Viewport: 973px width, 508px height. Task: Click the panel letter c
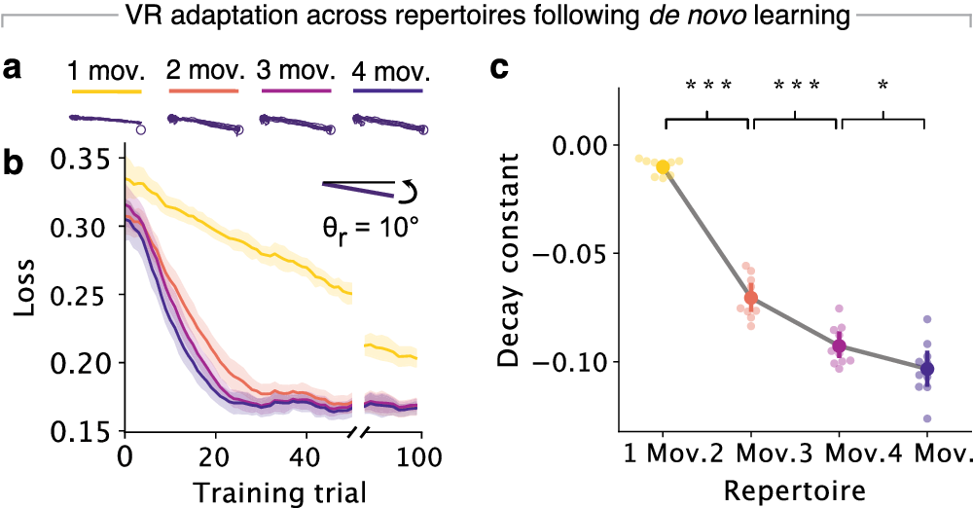coord(498,69)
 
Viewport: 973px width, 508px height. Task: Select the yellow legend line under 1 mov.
coord(107,92)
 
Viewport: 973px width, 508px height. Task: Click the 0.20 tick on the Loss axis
coord(87,363)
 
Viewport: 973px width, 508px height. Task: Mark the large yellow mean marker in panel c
coord(664,167)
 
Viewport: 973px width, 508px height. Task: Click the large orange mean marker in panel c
coord(750,298)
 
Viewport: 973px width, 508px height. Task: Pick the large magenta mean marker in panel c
coord(839,346)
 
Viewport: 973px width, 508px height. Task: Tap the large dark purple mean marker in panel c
coord(926,369)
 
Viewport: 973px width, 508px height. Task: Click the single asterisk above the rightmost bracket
coord(883,86)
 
